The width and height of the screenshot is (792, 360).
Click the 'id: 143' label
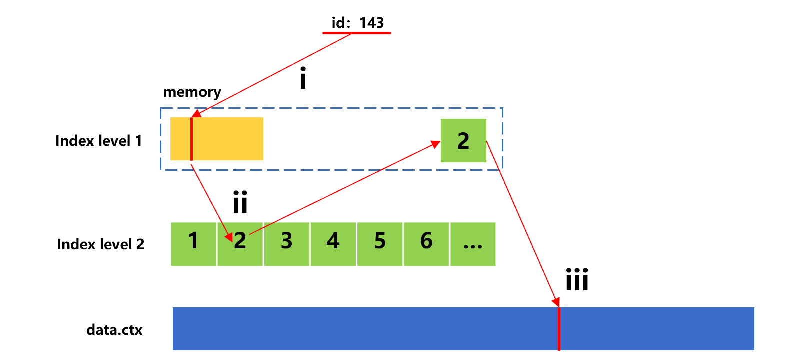point(357,22)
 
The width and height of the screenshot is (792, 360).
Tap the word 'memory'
point(192,92)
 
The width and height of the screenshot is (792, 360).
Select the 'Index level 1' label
point(98,141)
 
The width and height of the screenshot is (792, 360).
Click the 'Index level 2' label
point(100,244)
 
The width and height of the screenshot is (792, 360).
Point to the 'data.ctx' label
point(114,330)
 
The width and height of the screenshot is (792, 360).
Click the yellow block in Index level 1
point(227,139)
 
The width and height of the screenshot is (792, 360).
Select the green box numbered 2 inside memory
point(463,141)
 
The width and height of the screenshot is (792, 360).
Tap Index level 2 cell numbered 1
point(193,244)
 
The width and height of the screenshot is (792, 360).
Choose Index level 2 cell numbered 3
point(286,244)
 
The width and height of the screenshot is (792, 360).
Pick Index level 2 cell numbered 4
point(333,244)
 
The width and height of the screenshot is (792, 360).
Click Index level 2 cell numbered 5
point(379,244)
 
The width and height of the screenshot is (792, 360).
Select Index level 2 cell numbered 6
point(426,244)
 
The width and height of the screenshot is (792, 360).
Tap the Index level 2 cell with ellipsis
point(473,244)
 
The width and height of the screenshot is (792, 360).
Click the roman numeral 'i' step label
point(303,80)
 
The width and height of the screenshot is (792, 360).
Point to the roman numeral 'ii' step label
point(240,202)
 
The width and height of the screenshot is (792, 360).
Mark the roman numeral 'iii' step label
point(577,280)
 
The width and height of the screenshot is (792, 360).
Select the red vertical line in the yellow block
point(191,139)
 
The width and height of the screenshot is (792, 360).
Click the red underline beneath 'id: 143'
point(356,33)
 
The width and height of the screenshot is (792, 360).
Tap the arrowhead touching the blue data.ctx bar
point(556,302)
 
